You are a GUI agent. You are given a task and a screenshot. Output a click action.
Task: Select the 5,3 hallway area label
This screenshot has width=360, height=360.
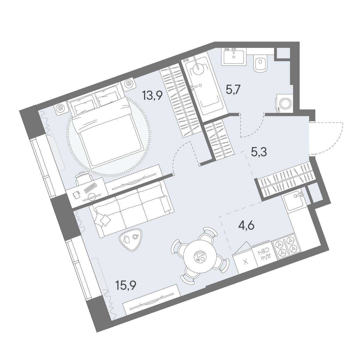(259, 153)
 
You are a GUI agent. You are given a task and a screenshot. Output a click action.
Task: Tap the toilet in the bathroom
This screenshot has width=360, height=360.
(260, 64)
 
